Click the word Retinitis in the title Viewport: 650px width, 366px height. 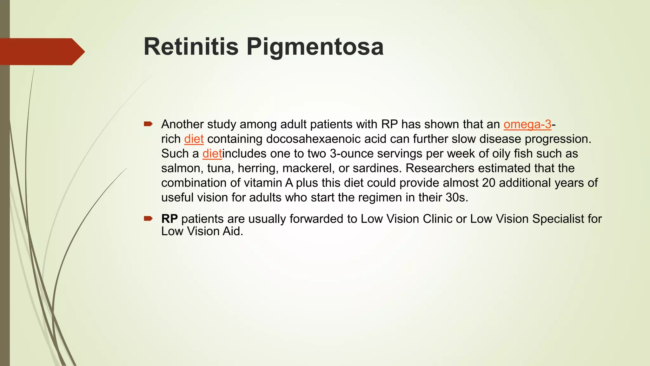tap(191, 47)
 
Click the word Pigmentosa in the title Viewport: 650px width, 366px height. tap(315, 47)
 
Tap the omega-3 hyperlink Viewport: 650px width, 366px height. tap(527, 124)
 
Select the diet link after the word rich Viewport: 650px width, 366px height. tap(194, 139)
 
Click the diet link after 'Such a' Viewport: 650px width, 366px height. tap(212, 153)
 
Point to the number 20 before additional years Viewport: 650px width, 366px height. tap(488, 183)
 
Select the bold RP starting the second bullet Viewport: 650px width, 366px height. tap(169, 219)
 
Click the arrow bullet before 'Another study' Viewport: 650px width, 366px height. tap(148, 124)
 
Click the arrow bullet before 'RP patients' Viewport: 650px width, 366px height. tap(148, 218)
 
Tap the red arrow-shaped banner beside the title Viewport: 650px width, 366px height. tap(41, 51)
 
